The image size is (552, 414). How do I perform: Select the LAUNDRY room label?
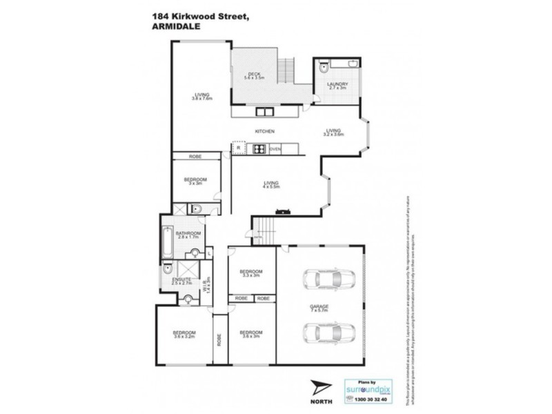(x=337, y=86)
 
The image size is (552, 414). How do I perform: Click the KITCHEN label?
(x=265, y=131)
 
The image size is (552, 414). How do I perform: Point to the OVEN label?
(x=275, y=148)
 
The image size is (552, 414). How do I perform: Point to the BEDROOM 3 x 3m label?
(x=195, y=182)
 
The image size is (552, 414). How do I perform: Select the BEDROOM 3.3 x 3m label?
(x=252, y=274)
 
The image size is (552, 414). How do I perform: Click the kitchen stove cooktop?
(x=259, y=148)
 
